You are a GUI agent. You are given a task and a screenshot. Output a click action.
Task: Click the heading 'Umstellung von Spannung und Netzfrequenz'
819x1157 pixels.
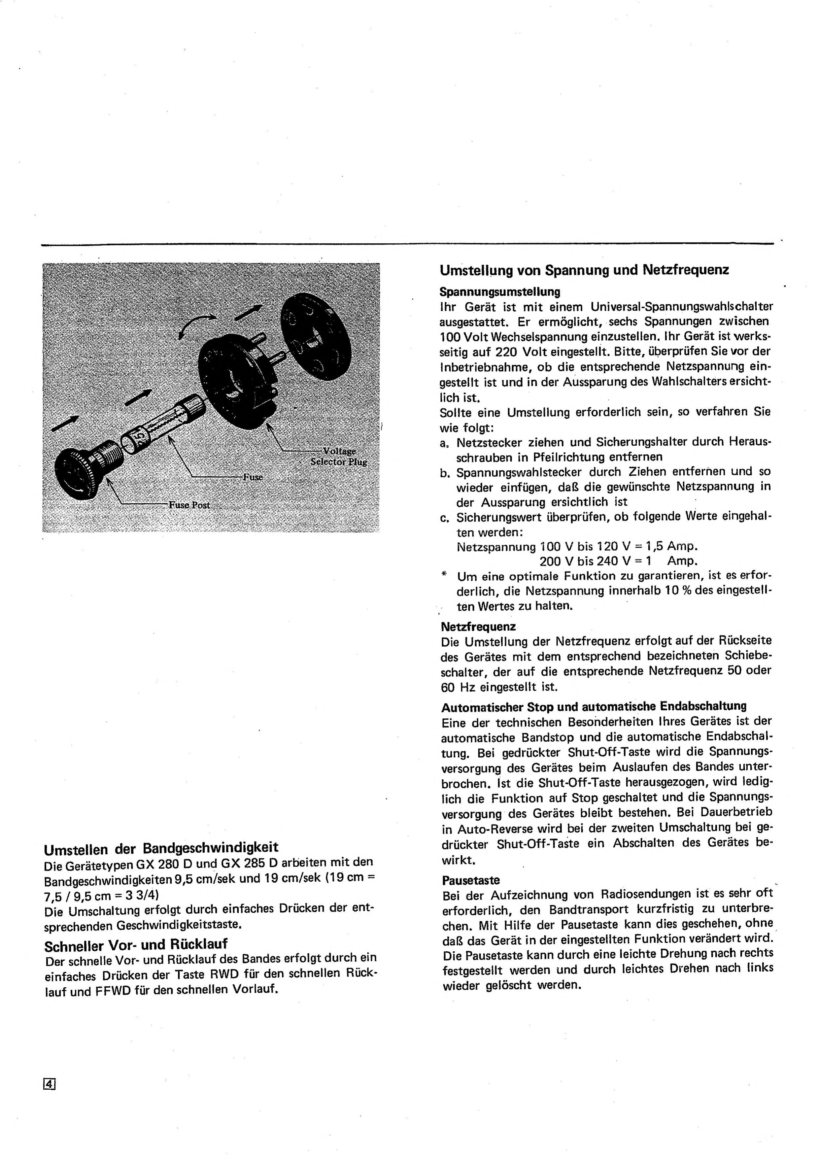(584, 270)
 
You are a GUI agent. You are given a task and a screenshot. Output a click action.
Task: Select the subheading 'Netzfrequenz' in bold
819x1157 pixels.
(478, 627)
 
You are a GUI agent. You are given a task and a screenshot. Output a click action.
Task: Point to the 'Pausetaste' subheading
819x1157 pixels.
(470, 880)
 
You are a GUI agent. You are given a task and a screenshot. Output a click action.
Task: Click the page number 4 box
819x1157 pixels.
(50, 1083)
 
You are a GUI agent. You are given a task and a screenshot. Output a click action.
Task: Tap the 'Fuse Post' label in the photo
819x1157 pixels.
(189, 505)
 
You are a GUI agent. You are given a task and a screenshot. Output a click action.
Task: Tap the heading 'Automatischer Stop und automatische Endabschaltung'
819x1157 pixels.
(594, 706)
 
